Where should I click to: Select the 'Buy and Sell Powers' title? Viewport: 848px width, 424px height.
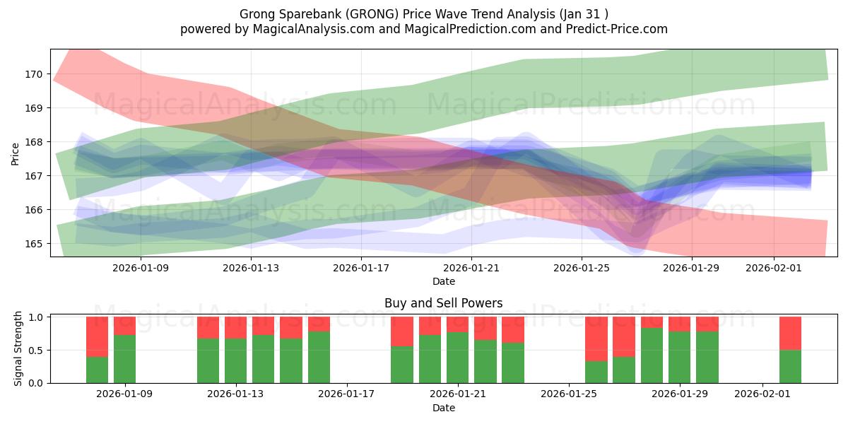pos(443,303)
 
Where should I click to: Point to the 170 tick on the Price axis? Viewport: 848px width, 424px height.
pos(35,74)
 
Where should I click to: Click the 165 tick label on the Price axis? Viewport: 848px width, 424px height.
pos(35,244)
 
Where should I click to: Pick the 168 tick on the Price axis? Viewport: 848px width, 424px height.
pos(35,142)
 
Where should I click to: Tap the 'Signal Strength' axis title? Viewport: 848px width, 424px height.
pos(19,350)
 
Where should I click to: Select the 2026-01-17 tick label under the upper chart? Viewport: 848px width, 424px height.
pos(361,268)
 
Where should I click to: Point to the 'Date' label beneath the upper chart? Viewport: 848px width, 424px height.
pos(443,281)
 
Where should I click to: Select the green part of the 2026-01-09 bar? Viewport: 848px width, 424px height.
pos(124,359)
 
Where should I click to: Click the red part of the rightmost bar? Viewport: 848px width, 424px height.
pos(790,333)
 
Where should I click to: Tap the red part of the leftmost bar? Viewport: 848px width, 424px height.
pos(97,336)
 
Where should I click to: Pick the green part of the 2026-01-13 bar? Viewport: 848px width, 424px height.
pos(235,360)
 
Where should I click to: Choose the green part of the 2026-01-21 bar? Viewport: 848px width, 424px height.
pos(457,357)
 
